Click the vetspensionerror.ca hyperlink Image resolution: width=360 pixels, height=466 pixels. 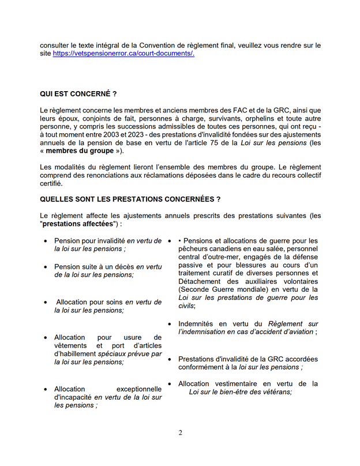click(x=123, y=53)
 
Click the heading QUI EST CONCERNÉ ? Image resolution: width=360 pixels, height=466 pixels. click(x=78, y=93)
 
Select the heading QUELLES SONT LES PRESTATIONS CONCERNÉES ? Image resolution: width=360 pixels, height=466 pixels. click(x=130, y=199)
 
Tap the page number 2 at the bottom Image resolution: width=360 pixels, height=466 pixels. click(x=180, y=433)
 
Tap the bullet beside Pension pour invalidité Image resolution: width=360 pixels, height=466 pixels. click(x=46, y=240)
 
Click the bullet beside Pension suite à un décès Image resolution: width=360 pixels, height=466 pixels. click(x=46, y=267)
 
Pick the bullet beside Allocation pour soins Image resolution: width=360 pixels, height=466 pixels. click(x=46, y=302)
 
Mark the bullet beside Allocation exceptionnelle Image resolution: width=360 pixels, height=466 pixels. click(x=46, y=389)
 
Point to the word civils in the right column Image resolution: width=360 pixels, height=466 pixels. click(x=186, y=306)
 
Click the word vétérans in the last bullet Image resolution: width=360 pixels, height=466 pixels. click(x=276, y=392)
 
